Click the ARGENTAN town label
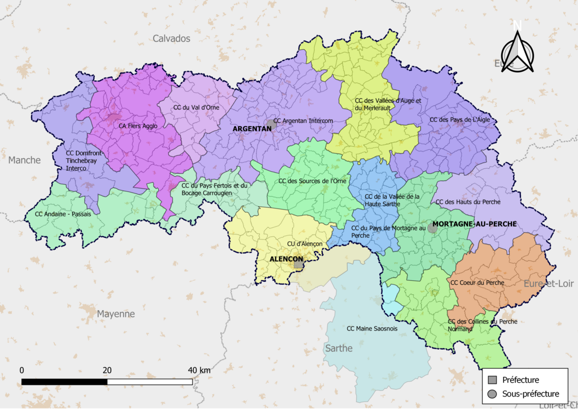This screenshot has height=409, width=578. click(x=252, y=129)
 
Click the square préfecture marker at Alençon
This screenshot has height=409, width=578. click(x=298, y=263)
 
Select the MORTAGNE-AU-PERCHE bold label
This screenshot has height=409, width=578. click(x=474, y=224)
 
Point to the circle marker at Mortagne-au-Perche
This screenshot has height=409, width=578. click(x=432, y=228)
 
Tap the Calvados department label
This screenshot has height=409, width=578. click(x=172, y=38)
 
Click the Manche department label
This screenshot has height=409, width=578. click(x=24, y=160)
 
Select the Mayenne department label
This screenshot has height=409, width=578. click(x=116, y=314)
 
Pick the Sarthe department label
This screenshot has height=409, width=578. click(x=339, y=348)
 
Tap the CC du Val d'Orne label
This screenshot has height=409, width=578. click(x=196, y=107)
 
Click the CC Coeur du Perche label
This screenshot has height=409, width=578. click(x=477, y=282)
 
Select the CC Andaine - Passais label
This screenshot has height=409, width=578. click(x=63, y=214)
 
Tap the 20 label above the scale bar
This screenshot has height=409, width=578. click(x=107, y=370)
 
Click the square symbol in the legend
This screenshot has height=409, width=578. click(x=493, y=380)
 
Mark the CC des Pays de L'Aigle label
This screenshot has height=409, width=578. click(x=460, y=120)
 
